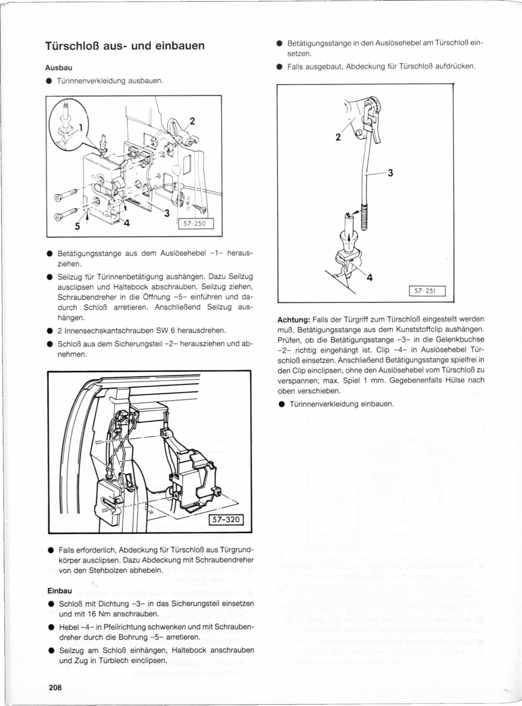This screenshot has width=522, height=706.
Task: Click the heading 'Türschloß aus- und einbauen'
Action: [125, 46]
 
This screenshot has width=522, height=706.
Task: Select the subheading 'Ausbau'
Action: [59, 68]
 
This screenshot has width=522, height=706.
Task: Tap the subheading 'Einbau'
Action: [60, 591]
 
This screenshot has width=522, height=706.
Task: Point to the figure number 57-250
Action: [195, 223]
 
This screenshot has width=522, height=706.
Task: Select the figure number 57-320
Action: [226, 519]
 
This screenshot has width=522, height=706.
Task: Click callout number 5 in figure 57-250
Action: [77, 226]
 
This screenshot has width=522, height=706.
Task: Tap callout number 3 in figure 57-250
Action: [167, 213]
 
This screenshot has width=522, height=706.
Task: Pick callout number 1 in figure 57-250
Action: [81, 128]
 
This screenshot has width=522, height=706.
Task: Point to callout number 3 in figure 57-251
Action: [390, 172]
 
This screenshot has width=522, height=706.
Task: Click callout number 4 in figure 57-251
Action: [370, 278]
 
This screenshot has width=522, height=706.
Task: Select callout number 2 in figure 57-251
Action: [338, 137]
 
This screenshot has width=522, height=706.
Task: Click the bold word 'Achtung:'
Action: [294, 320]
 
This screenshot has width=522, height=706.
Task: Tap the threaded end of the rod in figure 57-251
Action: [364, 218]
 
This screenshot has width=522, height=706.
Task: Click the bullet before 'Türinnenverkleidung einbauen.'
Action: [281, 404]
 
